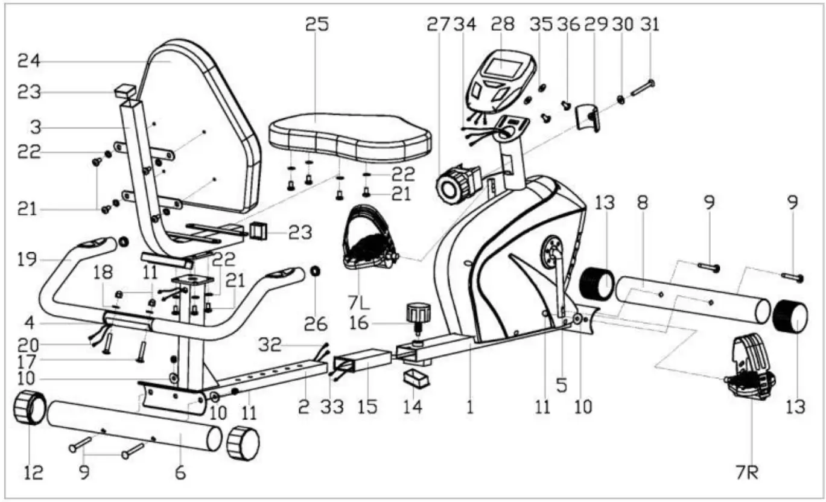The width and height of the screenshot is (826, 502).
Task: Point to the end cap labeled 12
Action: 30,408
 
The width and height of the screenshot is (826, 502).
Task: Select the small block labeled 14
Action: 416,378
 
